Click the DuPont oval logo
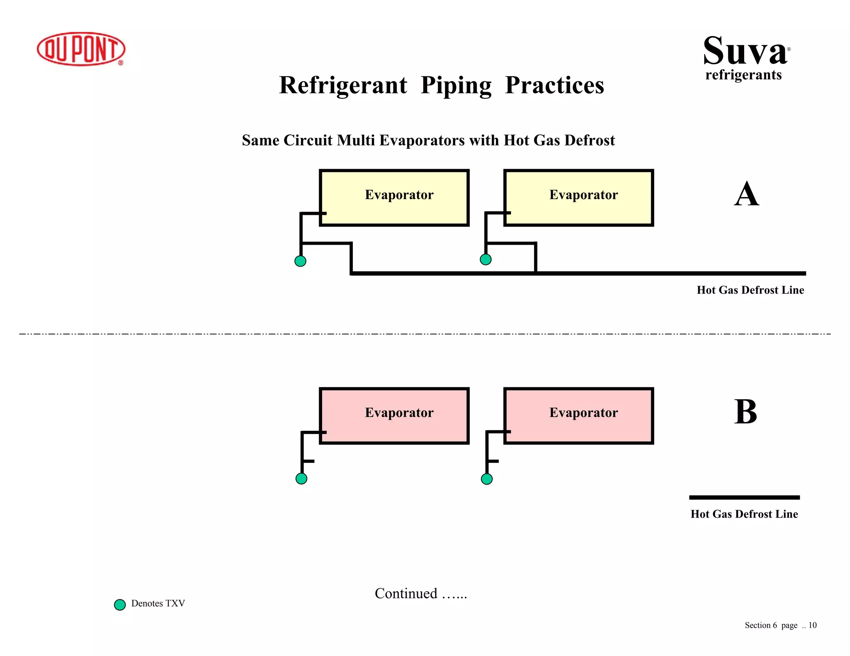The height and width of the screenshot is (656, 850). pos(81,49)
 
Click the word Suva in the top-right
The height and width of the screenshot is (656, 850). pos(745,51)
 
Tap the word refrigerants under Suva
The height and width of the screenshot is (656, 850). pos(743,75)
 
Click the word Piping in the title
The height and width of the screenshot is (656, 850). pos(456,85)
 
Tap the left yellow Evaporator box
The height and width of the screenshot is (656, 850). pos(394,198)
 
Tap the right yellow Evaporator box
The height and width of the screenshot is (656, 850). pos(579,198)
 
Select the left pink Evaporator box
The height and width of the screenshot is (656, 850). pos(394,416)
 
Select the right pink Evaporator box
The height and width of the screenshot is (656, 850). pos(579,416)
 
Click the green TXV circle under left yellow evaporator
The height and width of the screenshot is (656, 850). pos(300,261)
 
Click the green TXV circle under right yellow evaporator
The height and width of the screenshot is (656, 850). pos(486,259)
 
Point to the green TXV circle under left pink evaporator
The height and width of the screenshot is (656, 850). pos(301,479)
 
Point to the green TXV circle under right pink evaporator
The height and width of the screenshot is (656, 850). pos(486,479)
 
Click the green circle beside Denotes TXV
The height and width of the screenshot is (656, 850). pos(120,605)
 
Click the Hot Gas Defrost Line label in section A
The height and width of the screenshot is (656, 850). pos(750,290)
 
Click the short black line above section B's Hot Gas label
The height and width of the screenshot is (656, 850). pos(744,497)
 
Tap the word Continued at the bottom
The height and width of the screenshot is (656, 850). pos(406,593)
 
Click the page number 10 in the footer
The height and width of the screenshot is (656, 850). pos(812,625)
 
